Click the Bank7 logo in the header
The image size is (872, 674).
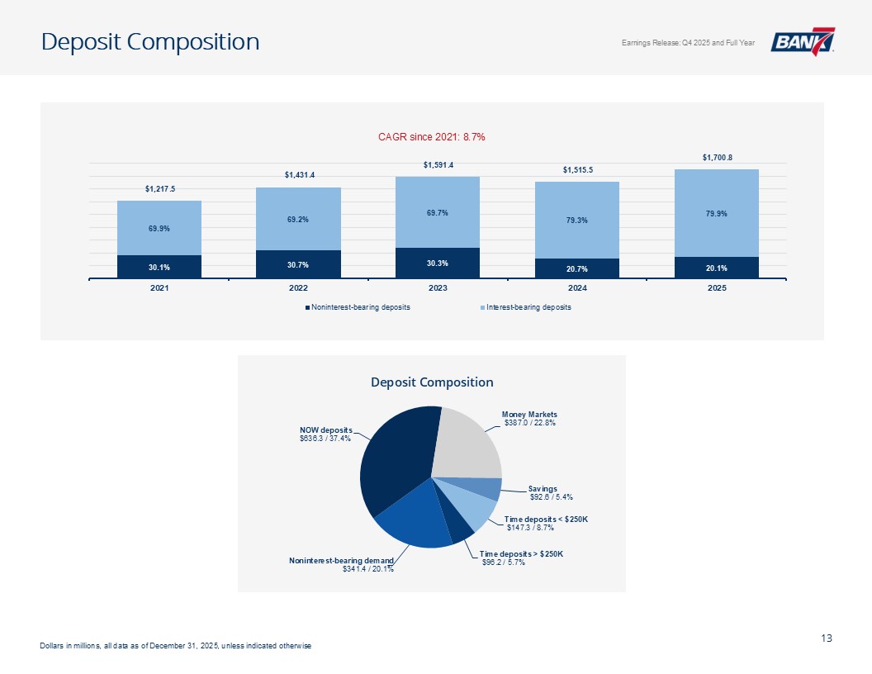coord(803,41)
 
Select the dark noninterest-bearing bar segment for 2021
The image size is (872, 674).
coord(159,267)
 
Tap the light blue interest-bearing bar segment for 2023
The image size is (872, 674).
coord(438,212)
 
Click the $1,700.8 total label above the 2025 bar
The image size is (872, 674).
coord(716,157)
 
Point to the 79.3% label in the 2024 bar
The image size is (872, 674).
coord(577,219)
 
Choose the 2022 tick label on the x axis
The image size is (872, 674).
coord(299,288)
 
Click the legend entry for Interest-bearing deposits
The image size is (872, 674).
coord(528,307)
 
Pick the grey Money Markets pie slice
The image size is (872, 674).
coord(469,442)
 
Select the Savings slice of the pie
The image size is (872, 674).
coord(488,489)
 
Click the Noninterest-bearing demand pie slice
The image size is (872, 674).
coord(413,520)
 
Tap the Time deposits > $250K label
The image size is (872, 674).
coord(522,558)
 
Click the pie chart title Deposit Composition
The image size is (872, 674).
coord(432,382)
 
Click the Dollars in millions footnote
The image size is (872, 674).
coord(175,645)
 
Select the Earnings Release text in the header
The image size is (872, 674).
coord(688,43)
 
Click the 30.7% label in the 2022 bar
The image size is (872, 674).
coord(299,264)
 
